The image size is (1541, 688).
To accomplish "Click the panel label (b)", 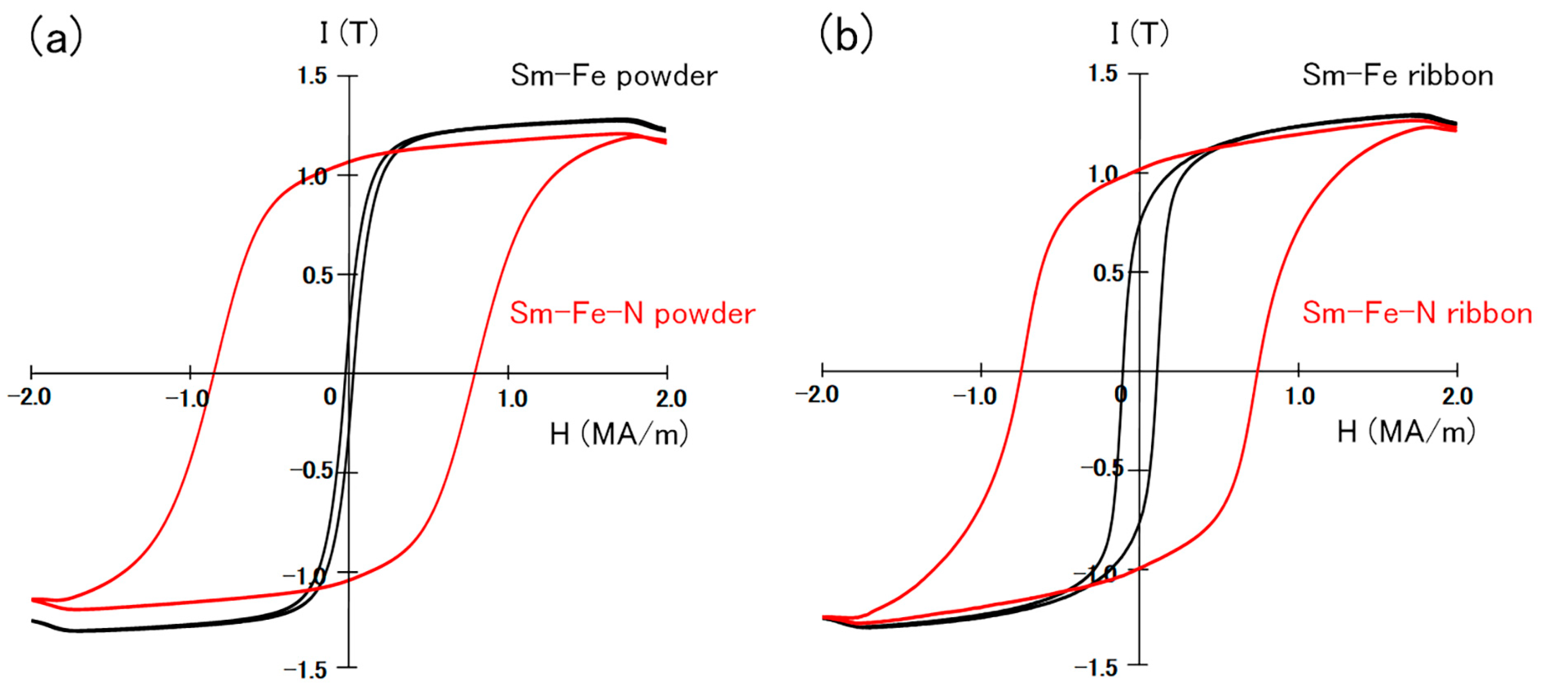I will pos(846,35).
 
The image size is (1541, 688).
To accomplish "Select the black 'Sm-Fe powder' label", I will pos(614,76).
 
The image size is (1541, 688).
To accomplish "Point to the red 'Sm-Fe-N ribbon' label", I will pos(1417,313).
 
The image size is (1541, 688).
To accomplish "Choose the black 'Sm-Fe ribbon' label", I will pos(1398,76).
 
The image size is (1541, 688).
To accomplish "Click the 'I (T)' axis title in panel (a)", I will pos(349,32).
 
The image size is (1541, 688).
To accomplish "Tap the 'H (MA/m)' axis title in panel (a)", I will pos(619,434).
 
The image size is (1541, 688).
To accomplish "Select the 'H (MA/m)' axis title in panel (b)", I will pos(1406,431).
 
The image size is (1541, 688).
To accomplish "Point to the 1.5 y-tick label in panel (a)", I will pos(312,76).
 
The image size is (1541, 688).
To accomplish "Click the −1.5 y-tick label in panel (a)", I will pos(305,670).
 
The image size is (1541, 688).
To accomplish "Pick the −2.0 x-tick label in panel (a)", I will pos(29,397).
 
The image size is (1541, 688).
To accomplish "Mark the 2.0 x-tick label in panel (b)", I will pos(1457,396).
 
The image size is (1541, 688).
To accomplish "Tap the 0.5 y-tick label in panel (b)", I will pos(1108,274).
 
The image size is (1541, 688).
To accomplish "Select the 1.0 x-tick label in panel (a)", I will pos(512,398).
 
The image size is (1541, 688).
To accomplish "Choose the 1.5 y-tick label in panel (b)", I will pos(1102,74).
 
